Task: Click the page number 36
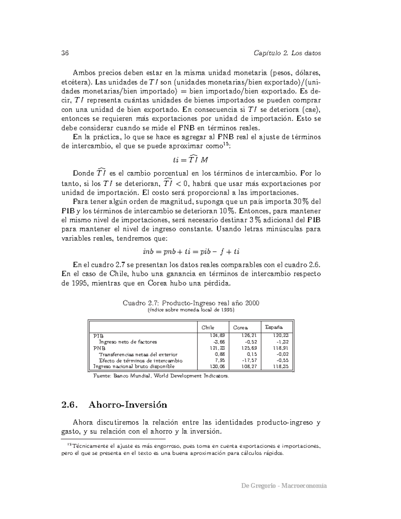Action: tap(65, 53)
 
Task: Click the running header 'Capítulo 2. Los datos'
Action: tap(287, 53)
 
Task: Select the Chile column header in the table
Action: tap(208, 328)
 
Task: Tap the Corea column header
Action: tap(240, 328)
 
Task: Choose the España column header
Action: tap(274, 327)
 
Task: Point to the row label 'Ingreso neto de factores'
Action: tap(128, 342)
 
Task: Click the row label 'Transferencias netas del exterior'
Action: tap(138, 354)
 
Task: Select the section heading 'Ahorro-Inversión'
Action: tap(128, 405)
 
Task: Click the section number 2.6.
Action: tap(69, 405)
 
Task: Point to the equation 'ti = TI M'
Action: tap(191, 159)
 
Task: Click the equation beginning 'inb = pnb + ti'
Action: tap(191, 251)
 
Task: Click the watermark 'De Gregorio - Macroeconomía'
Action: tap(284, 486)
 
